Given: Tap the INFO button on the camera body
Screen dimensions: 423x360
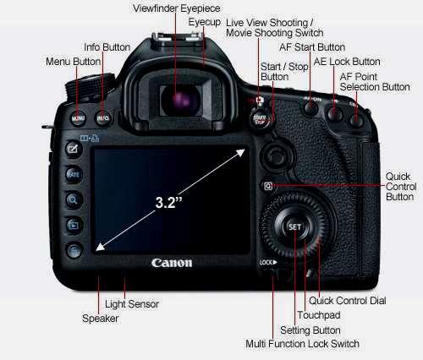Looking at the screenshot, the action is [x=103, y=118].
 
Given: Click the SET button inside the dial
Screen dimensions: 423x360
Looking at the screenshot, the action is [x=294, y=227].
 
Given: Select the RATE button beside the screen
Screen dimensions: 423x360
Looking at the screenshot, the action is [x=74, y=175].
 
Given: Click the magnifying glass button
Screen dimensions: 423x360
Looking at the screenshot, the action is [x=74, y=200].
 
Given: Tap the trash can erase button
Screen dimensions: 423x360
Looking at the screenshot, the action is [x=74, y=250].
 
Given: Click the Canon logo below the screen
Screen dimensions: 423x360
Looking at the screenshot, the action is [x=172, y=263].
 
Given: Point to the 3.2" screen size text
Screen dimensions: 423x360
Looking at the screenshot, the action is [x=169, y=202].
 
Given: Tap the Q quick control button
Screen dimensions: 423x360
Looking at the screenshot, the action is [x=268, y=186].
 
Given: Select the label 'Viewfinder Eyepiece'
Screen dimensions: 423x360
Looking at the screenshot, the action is [x=177, y=8].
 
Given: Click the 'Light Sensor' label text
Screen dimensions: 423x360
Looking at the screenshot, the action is [x=132, y=304].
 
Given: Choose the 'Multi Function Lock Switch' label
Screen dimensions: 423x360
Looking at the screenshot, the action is [x=302, y=344].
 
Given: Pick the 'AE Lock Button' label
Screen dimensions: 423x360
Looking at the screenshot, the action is [x=347, y=62].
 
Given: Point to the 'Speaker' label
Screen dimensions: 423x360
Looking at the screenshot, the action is [x=100, y=319].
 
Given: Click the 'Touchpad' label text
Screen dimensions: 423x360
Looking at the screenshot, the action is [x=319, y=315].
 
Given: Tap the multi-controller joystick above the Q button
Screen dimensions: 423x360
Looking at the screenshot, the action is [x=274, y=155].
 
